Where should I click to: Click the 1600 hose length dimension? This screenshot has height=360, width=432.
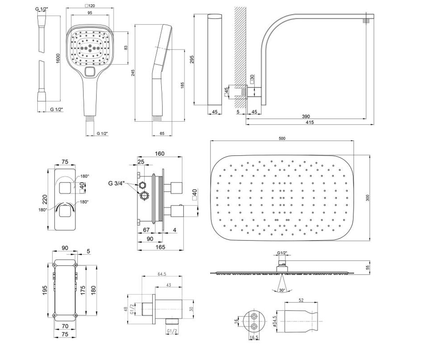point(58,58)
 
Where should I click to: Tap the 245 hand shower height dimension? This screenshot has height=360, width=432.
point(133,73)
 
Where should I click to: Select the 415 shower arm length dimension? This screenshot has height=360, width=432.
point(310,122)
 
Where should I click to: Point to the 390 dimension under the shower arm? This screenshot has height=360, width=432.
point(306,116)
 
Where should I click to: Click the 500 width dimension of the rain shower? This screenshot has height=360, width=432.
point(282,138)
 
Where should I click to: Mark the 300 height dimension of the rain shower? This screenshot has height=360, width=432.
point(368,198)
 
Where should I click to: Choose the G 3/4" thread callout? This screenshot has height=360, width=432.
point(117,183)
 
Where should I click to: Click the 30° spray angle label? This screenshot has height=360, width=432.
point(282,290)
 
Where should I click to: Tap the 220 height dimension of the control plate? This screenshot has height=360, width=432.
point(45,199)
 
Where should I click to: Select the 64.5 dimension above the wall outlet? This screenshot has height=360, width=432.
point(162,274)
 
